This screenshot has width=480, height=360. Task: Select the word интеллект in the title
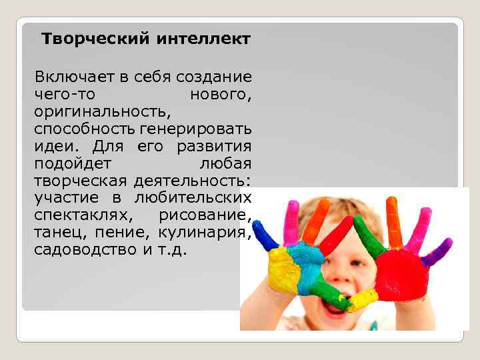click(x=203, y=39)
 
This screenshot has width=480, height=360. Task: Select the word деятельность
click(x=192, y=180)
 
